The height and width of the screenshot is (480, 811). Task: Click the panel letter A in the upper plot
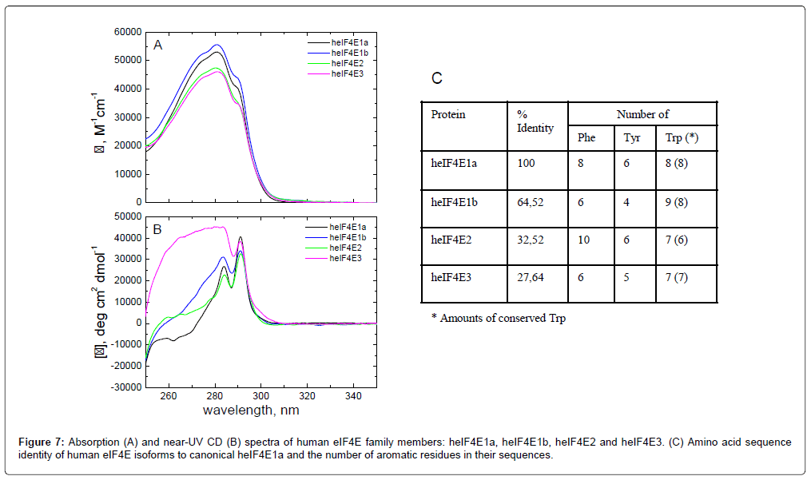(x=158, y=46)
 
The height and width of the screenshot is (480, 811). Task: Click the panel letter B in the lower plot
(x=158, y=229)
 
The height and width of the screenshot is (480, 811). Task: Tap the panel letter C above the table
(x=436, y=78)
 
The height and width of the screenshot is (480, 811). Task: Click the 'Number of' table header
(x=642, y=114)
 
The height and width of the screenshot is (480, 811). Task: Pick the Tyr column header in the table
(x=632, y=137)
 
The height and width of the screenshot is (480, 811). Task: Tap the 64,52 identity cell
(x=531, y=202)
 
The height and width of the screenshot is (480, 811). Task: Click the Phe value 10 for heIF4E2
(x=584, y=240)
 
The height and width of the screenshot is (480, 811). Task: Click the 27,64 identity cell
(x=531, y=277)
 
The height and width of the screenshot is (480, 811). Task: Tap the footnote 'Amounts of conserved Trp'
(x=502, y=318)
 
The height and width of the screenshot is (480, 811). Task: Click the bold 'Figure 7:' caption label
(x=44, y=442)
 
